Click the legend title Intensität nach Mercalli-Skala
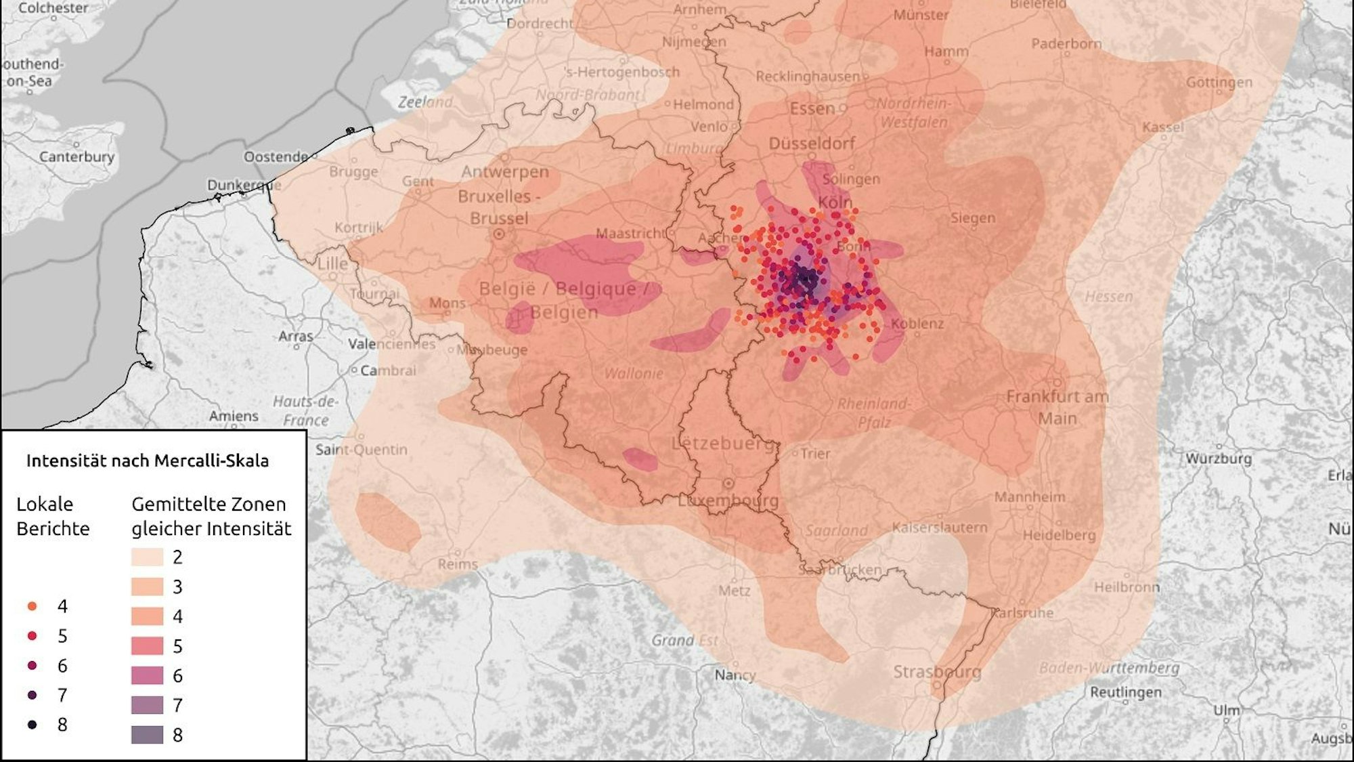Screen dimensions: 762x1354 point(148,461)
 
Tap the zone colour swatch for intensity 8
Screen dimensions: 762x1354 point(147,735)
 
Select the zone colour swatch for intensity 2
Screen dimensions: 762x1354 point(147,557)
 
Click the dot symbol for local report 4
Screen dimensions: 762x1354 point(32,606)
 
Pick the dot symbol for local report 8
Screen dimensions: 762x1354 point(32,725)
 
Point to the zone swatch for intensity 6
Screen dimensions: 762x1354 point(147,675)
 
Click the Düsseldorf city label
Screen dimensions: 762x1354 point(812,144)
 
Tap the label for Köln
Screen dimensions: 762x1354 point(835,202)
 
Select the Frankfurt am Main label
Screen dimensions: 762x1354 point(1057,407)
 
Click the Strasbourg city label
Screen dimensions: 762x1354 point(936,672)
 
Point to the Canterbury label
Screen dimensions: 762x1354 point(77,156)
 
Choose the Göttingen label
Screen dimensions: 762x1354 point(1219,83)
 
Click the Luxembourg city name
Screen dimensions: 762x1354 point(728,501)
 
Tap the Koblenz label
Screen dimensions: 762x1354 point(917,324)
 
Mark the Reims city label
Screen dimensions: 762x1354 point(457,564)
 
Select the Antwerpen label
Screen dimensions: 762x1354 point(505,172)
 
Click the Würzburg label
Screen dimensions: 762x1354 point(1219,459)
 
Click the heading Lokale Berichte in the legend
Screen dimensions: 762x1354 point(53,516)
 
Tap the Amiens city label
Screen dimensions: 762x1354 point(234,416)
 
